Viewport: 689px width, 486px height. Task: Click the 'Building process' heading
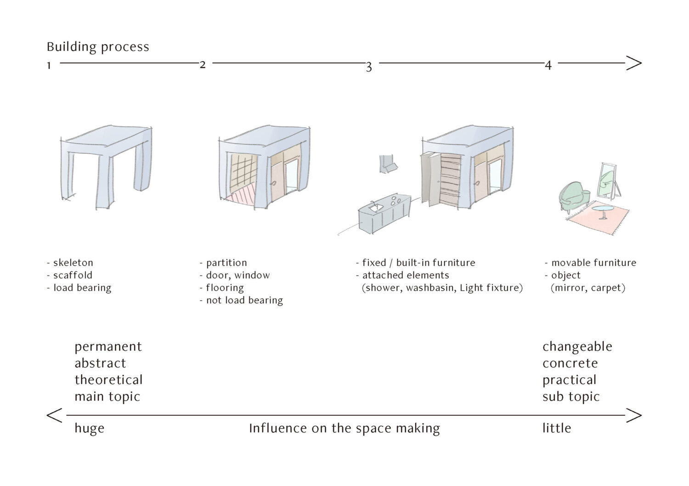tap(98, 47)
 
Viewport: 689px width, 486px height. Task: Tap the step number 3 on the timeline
tap(368, 67)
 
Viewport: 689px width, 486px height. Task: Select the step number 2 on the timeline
tap(203, 64)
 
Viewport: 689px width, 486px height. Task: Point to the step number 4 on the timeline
tap(548, 65)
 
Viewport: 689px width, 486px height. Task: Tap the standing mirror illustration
tap(607, 180)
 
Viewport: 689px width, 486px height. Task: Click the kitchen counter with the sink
tap(384, 214)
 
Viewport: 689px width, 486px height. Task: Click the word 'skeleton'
tap(73, 263)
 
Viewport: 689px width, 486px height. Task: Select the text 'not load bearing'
tap(244, 300)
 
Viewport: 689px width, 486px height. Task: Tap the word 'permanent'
tap(108, 346)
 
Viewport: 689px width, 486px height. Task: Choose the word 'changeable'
tap(577, 346)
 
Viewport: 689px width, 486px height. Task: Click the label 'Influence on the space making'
tap(344, 428)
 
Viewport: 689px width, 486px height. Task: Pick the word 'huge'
tap(90, 428)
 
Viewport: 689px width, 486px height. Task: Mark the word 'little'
tap(556, 428)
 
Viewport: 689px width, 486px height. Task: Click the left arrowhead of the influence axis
tap(54, 415)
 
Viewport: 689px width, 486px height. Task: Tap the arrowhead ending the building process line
tap(634, 63)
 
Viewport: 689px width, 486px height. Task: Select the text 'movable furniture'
tap(593, 263)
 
